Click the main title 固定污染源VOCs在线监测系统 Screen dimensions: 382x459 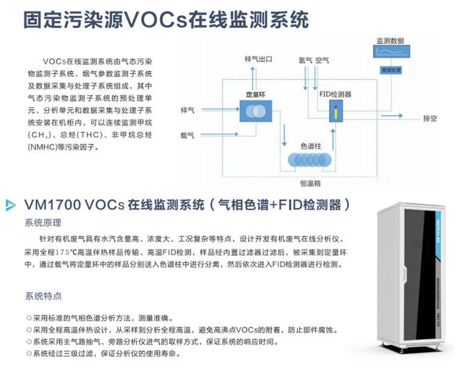[166, 20]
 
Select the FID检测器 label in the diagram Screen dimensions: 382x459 [333, 94]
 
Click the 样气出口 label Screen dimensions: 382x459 [259, 60]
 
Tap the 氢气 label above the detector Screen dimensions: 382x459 [305, 60]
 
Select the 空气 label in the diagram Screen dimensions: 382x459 [322, 60]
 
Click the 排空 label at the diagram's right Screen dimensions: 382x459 [430, 118]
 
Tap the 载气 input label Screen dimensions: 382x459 [187, 137]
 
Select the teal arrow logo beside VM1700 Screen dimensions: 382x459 [11, 206]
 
